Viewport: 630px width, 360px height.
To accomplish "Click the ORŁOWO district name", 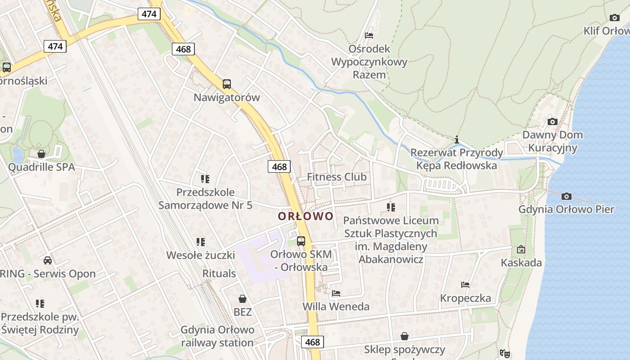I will (306, 216).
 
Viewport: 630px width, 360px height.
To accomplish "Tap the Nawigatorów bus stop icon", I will (227, 84).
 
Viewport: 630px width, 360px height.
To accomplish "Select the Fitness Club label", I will (337, 177).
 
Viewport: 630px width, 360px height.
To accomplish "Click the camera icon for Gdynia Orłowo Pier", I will (567, 196).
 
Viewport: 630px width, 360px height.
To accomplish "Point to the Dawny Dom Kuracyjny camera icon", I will (553, 121).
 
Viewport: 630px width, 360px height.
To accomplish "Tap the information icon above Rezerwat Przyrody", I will (457, 139).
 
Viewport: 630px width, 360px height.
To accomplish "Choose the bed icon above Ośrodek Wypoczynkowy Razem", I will (369, 35).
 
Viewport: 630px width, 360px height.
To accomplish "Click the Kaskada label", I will (521, 263).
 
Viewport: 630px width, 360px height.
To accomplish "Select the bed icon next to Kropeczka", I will (465, 285).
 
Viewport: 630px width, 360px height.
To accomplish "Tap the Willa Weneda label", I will (336, 307).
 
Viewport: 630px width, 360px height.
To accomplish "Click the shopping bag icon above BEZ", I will (243, 299).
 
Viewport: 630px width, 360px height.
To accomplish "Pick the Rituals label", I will (219, 274).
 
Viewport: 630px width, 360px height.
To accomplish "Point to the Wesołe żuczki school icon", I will (201, 242).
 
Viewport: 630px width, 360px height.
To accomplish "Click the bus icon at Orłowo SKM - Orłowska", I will (301, 241).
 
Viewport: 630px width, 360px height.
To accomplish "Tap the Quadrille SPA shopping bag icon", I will (41, 154).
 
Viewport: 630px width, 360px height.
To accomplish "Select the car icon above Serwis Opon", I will (48, 261).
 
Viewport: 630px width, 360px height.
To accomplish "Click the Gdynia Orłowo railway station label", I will (217, 336).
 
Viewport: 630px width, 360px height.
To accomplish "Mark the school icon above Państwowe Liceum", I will (391, 207).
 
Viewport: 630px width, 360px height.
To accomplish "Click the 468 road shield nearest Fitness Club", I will (279, 166).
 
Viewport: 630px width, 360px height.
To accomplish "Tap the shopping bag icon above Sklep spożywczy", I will (405, 336).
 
